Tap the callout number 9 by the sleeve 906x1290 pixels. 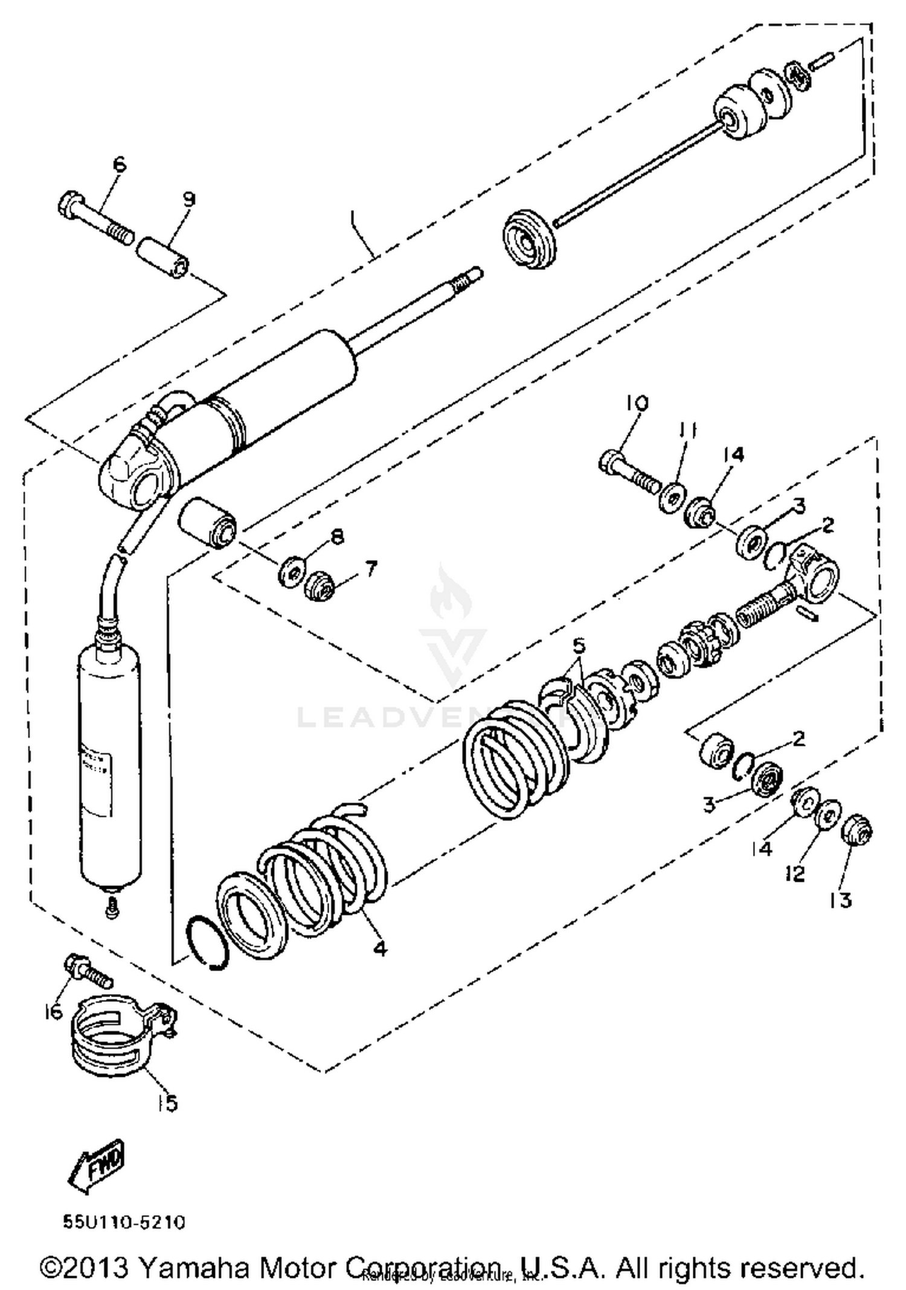pos(189,199)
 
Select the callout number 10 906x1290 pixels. pos(636,403)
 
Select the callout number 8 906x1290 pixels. pos(336,536)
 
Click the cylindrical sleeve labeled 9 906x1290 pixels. pos(162,258)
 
